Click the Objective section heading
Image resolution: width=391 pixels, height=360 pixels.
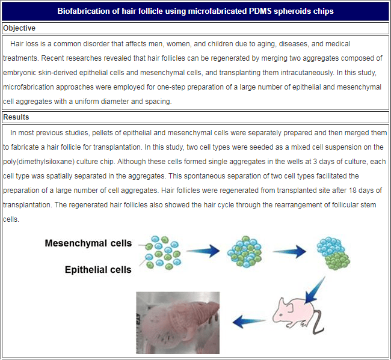tap(19, 28)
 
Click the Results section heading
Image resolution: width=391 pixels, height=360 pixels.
tap(16, 117)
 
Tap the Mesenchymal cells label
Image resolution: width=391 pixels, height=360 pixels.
tap(88, 243)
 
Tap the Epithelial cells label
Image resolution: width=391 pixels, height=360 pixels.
tap(98, 270)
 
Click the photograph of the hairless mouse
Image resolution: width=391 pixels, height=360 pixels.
tap(177, 322)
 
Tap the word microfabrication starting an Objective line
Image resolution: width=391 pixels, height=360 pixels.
tap(28, 87)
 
